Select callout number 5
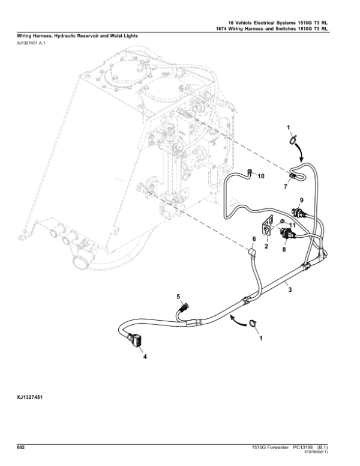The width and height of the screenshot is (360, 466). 178,297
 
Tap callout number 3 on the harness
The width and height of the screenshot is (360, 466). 290,289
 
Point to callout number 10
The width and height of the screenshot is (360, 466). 260,176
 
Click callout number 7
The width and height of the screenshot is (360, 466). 286,188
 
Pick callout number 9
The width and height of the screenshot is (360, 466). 302,199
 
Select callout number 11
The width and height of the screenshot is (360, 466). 293,225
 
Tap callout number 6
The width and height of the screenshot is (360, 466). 254,240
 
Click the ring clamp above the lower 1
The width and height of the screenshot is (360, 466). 254,325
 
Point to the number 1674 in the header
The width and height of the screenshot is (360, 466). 223,28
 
